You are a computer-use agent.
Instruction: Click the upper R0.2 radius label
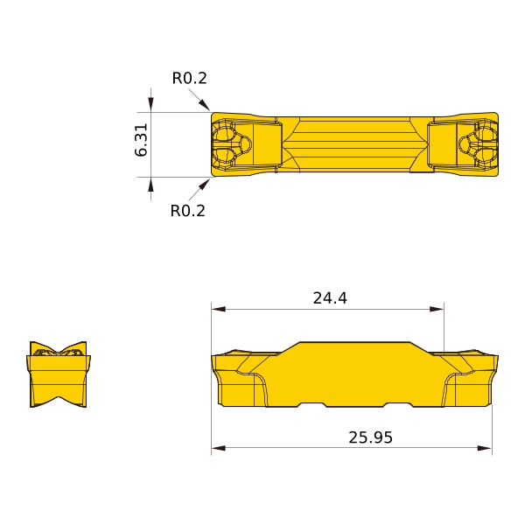point(190,79)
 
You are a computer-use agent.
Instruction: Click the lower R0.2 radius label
point(187,211)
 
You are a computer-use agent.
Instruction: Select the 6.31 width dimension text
point(141,140)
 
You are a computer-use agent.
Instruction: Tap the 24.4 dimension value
point(330,298)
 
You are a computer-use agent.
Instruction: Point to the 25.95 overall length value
point(370,437)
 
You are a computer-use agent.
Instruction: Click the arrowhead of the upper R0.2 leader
point(205,105)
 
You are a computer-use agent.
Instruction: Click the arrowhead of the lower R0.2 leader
point(204,185)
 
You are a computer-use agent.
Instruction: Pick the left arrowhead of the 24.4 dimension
point(218,309)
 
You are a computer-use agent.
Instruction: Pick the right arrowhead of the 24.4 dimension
point(437,309)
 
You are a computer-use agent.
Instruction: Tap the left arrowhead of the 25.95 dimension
point(218,448)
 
